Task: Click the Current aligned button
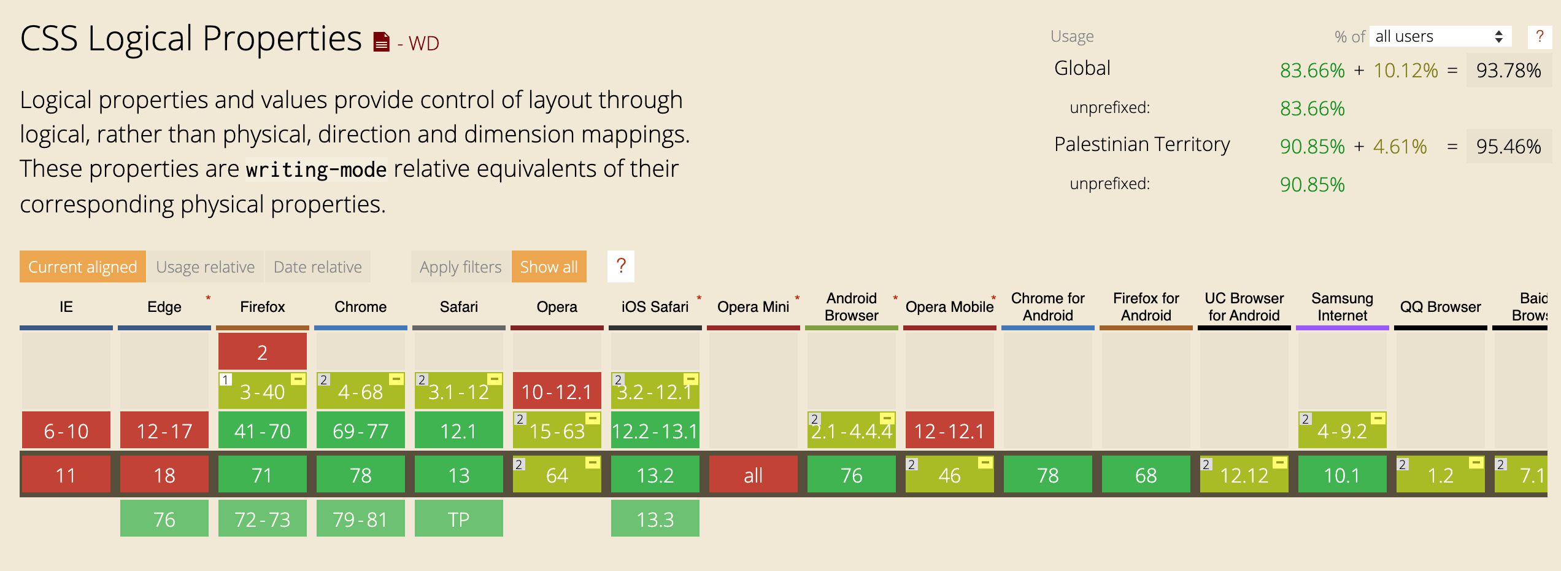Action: click(82, 267)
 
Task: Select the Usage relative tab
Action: click(205, 267)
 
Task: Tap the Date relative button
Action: click(317, 267)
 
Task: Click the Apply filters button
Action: click(460, 267)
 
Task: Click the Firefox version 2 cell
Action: click(262, 352)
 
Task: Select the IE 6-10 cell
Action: click(66, 430)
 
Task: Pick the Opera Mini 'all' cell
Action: click(753, 475)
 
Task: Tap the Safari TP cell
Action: click(458, 519)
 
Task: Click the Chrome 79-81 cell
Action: click(360, 519)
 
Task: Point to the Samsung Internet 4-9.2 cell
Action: click(1342, 430)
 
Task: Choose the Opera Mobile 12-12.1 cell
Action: click(949, 430)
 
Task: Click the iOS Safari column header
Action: click(655, 307)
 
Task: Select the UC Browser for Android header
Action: click(1244, 307)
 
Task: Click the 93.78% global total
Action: click(1508, 71)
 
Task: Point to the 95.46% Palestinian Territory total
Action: click(1508, 147)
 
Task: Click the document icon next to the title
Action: click(381, 42)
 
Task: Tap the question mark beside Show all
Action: click(620, 266)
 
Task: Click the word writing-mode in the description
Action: click(316, 169)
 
